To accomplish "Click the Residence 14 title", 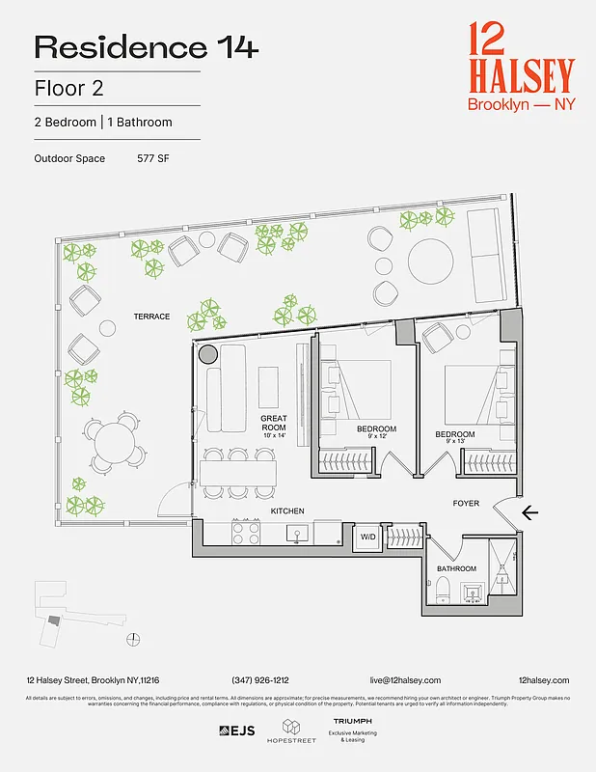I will point(147,46).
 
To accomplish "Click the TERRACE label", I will point(151,317).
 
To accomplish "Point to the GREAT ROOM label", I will point(274,424).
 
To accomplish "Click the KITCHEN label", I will point(287,510).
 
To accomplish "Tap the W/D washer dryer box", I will point(367,538).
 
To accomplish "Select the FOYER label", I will point(467,504).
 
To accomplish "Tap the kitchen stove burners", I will point(245,533).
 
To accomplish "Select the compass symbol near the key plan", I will point(134,638).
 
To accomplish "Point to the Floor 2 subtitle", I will point(68,88).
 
